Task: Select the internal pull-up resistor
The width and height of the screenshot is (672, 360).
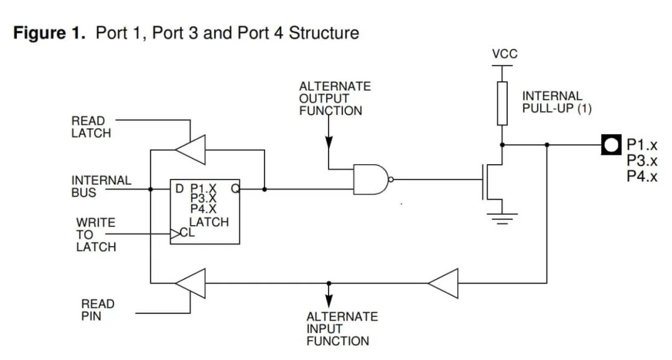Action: [x=502, y=103]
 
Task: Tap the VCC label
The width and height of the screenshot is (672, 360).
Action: [x=504, y=54]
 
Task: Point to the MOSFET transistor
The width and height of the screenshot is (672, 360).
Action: [x=493, y=180]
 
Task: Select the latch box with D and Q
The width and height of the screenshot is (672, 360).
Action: [x=205, y=211]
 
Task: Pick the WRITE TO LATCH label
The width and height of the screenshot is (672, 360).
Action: [x=96, y=234]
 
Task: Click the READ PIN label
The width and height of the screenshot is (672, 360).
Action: [x=98, y=310]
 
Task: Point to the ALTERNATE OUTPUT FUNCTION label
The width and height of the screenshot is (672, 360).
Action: [x=334, y=98]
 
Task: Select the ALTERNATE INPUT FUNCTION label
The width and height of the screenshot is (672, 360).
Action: [x=342, y=328]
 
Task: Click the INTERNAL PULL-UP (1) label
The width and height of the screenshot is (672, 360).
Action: [x=556, y=102]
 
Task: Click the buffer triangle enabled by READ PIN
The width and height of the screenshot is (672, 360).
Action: [x=192, y=284]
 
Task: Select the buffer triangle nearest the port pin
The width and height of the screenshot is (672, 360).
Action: [x=444, y=284]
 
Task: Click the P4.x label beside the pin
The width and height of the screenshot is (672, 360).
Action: [x=642, y=177]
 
